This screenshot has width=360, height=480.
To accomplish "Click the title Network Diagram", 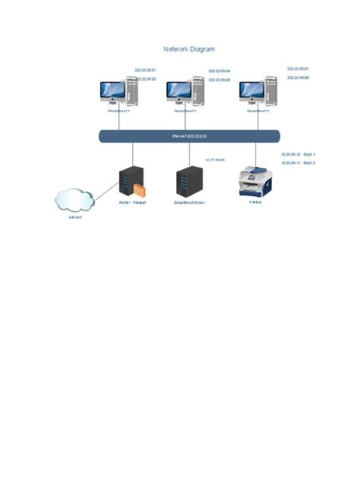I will click(x=189, y=49).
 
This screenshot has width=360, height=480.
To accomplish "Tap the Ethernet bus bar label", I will click(x=189, y=136).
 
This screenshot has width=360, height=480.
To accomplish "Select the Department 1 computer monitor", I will click(x=112, y=91).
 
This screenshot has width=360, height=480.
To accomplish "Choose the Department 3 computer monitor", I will click(x=251, y=91).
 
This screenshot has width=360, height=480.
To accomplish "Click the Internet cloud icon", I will click(x=74, y=200).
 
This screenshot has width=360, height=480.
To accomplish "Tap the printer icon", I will click(x=256, y=182).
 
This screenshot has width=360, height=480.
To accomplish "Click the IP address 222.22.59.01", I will click(x=145, y=70).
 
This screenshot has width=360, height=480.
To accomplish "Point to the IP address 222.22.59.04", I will click(x=219, y=71).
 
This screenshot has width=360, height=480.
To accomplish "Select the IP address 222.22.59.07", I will click(x=298, y=68).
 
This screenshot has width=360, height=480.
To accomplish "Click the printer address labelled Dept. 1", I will click(x=298, y=154).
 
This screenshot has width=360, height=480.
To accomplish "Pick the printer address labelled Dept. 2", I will click(x=298, y=163).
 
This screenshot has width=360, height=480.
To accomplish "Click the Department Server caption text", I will click(x=189, y=203).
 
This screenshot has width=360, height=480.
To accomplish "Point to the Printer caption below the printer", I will click(x=255, y=202).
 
